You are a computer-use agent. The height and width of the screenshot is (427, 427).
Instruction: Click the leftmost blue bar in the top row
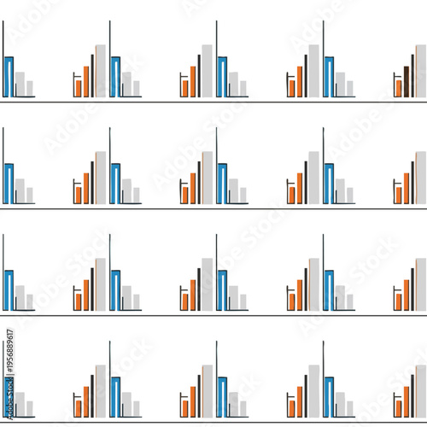coord(9,77)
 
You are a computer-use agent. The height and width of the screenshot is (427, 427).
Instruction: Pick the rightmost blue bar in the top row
coord(329,77)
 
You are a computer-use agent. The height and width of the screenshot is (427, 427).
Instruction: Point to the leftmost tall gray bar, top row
coord(101,71)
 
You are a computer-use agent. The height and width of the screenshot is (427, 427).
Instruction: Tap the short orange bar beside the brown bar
coord(399,87)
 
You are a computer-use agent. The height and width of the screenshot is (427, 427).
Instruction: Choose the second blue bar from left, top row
coord(115,77)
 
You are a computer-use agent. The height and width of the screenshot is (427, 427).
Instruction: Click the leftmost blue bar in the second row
coord(9,184)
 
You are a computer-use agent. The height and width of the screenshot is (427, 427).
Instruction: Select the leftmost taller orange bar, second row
coord(85,188)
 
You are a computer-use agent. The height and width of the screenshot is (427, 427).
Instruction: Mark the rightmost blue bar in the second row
coord(329,184)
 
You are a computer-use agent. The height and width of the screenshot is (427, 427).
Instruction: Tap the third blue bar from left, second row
coord(222,184)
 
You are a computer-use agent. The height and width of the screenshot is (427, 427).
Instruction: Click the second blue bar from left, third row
coord(115,290)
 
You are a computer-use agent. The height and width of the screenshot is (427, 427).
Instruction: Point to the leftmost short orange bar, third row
coord(79,301)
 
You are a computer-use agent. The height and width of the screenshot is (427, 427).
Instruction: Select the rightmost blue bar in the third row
coord(329,290)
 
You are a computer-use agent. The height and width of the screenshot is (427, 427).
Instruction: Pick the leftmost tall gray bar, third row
coord(101,284)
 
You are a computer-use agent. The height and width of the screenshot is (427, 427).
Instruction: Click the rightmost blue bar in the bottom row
coord(329,397)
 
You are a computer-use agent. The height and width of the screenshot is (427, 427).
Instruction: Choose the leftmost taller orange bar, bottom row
coord(85,401)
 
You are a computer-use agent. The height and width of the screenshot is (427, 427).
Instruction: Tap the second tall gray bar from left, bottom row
coord(208,391)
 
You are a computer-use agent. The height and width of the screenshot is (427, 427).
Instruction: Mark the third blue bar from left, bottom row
coord(222,397)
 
